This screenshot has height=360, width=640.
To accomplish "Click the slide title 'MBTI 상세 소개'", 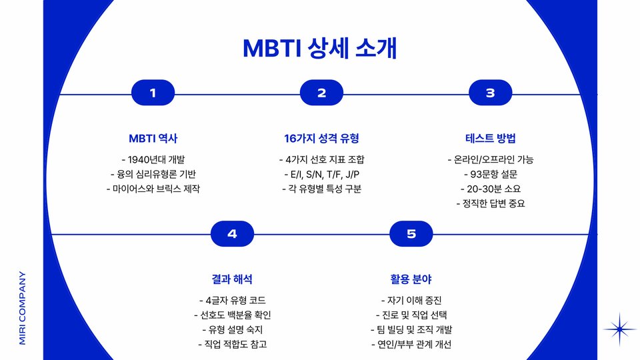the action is pos(319,48).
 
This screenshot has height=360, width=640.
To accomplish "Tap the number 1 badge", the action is pos(153,93).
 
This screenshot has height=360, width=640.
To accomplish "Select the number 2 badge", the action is pos(321,93).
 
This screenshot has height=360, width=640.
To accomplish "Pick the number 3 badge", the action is pos(490,93).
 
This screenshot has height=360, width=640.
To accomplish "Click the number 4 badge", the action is pos(232,234).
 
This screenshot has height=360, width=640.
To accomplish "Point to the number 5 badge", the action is pos(411,234).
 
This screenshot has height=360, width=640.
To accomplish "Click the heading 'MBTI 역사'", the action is pos(153,139).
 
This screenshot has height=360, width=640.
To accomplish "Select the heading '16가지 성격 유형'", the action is pos(321,139).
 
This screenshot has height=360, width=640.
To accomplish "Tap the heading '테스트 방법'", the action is pos(490,139).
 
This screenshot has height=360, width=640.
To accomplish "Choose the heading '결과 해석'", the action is pos(232,279).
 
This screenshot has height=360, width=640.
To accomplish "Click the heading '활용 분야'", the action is pos(411,279).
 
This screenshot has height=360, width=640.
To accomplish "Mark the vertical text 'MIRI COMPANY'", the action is pos(23,308).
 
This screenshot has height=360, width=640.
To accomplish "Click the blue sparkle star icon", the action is pos(619,329).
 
